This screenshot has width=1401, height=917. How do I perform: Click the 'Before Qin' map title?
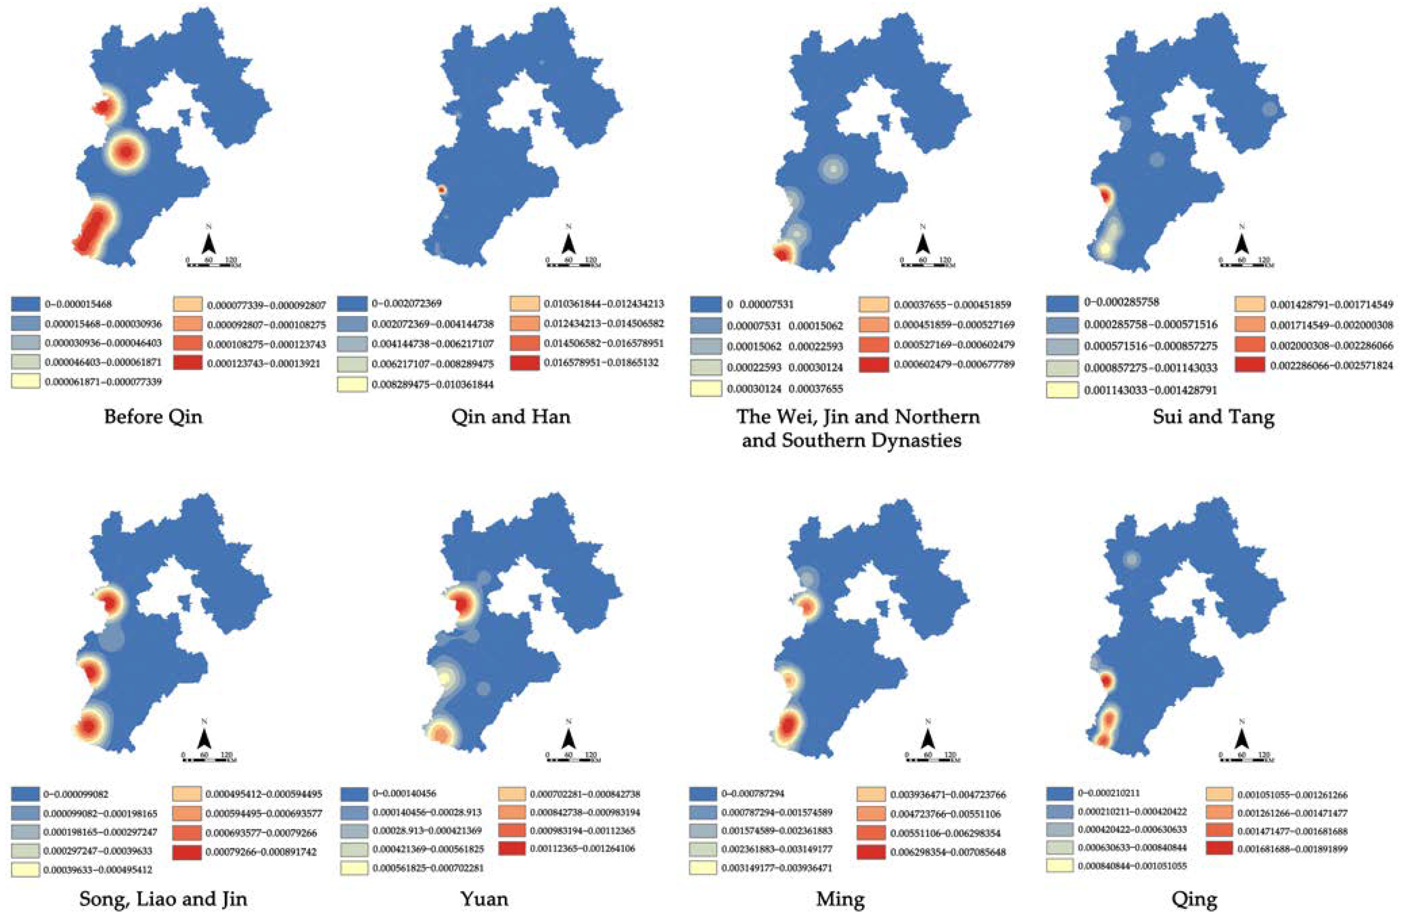point(153,417)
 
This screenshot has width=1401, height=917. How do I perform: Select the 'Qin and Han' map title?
point(510,417)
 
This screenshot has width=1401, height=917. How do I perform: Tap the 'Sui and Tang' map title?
point(1214,417)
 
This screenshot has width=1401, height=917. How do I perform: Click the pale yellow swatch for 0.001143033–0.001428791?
point(1062,390)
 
